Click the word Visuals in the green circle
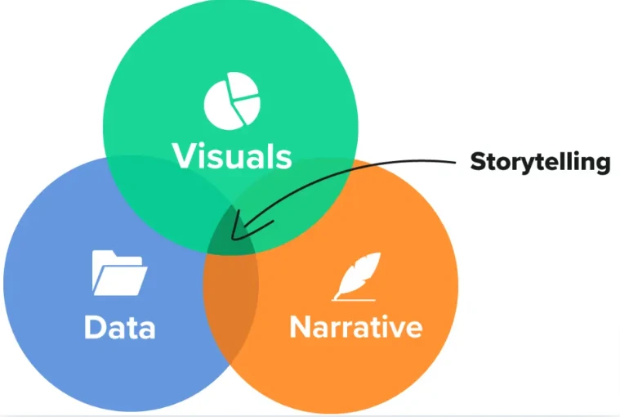coord(231,155)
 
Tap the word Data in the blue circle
coord(119,327)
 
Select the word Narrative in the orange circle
coord(355,327)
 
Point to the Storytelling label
coord(540,162)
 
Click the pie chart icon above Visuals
coord(232,102)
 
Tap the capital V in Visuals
coord(183,155)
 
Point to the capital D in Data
coord(95,327)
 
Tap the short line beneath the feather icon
coord(346,298)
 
